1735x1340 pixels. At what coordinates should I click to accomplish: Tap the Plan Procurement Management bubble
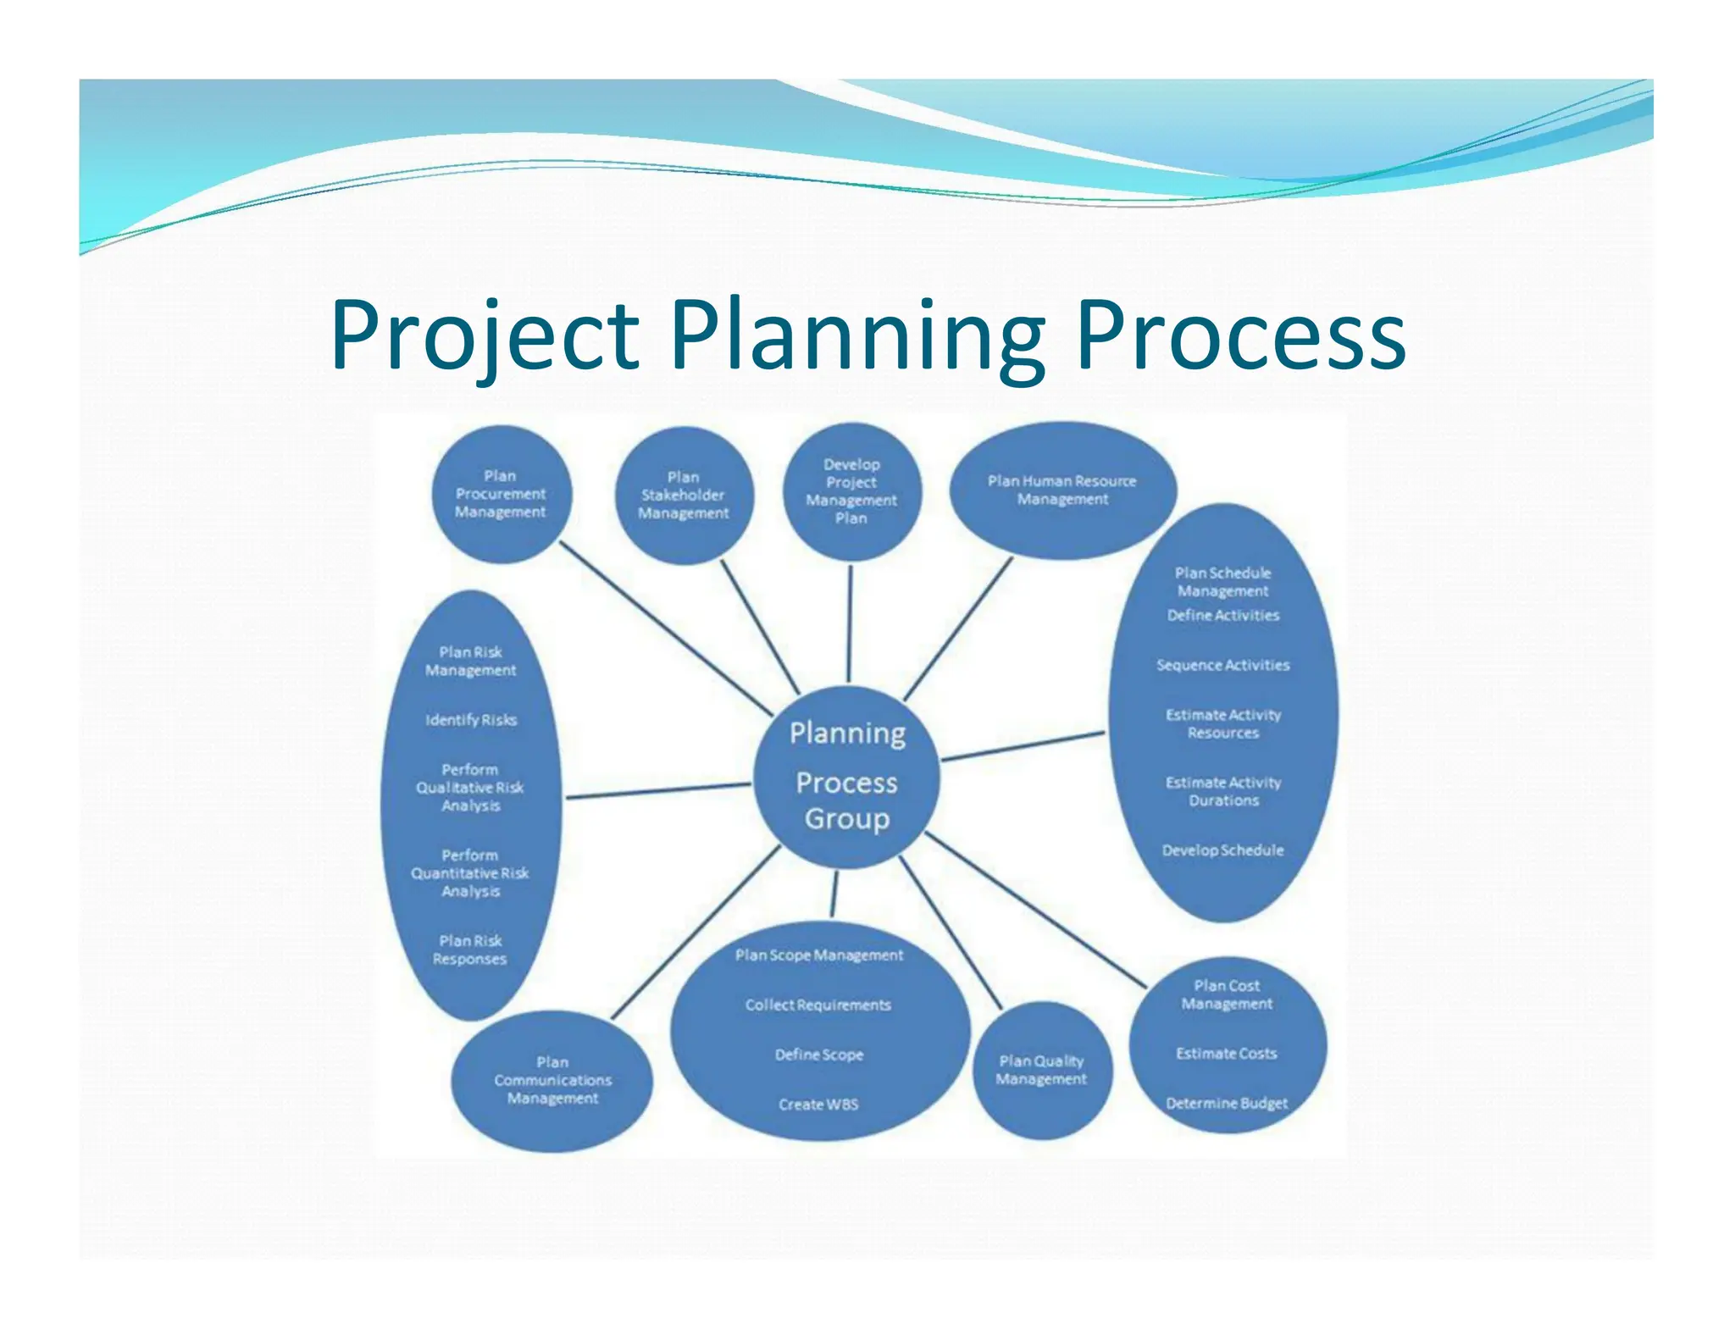pos(501,494)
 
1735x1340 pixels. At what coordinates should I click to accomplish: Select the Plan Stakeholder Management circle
pos(683,496)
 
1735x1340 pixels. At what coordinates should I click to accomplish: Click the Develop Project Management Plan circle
pos(851,491)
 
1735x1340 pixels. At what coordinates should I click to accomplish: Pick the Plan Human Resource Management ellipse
pos(1062,490)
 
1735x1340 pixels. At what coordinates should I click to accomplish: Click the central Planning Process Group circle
pos(847,776)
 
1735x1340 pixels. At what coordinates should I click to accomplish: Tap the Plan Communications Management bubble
pos(552,1080)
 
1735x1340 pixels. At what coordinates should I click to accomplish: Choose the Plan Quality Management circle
pos(1041,1070)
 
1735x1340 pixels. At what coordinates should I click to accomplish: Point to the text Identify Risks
pos(471,720)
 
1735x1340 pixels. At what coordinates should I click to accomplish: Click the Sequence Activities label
pos(1222,666)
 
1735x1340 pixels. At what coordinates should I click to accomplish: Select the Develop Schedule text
pos(1222,850)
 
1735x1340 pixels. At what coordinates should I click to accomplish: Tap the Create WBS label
pos(818,1105)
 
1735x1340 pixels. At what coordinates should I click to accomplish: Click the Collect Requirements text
pos(818,1005)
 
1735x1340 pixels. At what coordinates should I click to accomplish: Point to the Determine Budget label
pos(1226,1104)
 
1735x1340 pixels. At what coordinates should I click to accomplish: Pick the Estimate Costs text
pos(1226,1054)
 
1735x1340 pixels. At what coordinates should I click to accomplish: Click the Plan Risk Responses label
pos(470,950)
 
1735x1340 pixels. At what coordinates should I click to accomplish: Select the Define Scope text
pos(818,1055)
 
